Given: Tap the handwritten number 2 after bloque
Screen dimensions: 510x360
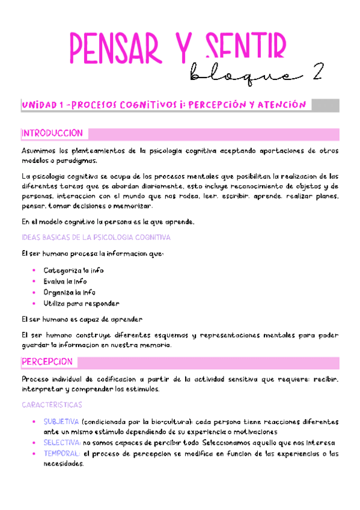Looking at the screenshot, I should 315,73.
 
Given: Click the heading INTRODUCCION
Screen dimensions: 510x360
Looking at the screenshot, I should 52,132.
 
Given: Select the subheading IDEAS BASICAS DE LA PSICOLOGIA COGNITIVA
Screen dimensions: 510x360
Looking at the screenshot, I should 96,237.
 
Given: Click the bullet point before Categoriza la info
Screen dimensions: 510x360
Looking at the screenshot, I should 34,271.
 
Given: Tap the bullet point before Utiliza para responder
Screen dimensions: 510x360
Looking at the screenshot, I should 34,303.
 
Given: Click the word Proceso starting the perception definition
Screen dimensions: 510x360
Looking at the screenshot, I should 36,379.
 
